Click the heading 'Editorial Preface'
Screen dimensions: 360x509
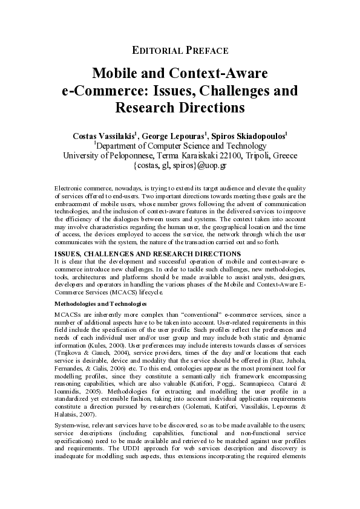click(180, 50)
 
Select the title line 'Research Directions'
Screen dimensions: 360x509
click(180, 109)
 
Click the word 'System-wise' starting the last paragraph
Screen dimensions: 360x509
click(70, 426)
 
